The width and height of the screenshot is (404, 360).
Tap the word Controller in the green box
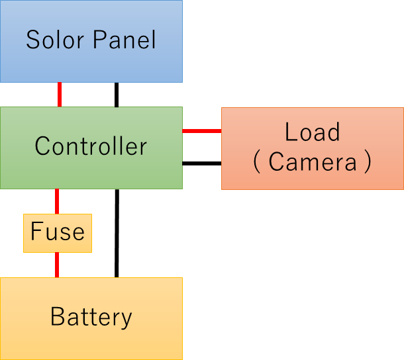pyautogui.click(x=91, y=146)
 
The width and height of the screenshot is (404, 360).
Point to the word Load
pyautogui.click(x=312, y=132)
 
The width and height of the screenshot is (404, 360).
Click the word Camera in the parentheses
pyautogui.click(x=313, y=162)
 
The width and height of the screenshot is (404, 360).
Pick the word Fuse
pyautogui.click(x=58, y=232)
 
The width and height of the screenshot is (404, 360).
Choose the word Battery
pyautogui.click(x=91, y=318)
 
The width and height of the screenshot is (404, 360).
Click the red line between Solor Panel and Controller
pyautogui.click(x=60, y=95)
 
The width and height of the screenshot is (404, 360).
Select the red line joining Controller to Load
pyautogui.click(x=201, y=131)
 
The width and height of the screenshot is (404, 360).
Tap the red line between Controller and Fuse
pyautogui.click(x=57, y=201)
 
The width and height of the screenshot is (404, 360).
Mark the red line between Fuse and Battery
pyautogui.click(x=57, y=265)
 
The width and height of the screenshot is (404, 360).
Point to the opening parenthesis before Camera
pyautogui.click(x=258, y=163)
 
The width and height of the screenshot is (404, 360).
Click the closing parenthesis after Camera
pyautogui.click(x=367, y=163)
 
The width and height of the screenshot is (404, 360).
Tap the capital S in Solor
pyautogui.click(x=32, y=40)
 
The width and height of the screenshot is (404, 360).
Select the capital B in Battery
pyautogui.click(x=57, y=318)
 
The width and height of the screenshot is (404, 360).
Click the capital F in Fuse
pyautogui.click(x=36, y=232)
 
